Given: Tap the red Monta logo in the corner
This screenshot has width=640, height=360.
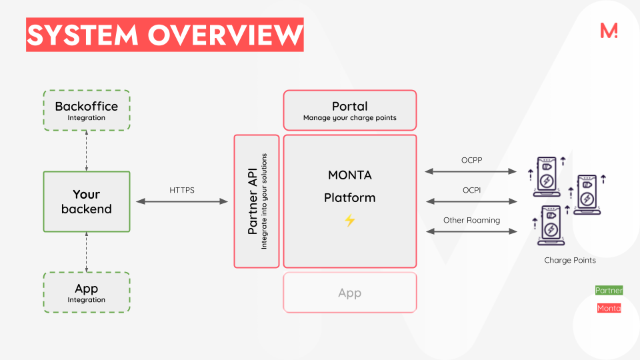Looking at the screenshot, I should pyautogui.click(x=609, y=31).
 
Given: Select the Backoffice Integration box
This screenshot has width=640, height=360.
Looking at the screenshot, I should pyautogui.click(x=86, y=111).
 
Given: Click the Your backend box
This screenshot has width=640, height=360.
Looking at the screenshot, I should pyautogui.click(x=86, y=201).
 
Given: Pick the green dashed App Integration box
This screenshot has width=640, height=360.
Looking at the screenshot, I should pyautogui.click(x=86, y=292).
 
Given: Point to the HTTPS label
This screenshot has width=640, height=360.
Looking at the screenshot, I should pyautogui.click(x=182, y=190).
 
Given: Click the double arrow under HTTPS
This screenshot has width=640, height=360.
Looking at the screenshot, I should pyautogui.click(x=182, y=201).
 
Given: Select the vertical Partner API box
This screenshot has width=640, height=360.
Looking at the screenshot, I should pyautogui.click(x=257, y=201).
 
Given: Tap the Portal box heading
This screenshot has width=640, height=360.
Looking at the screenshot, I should pyautogui.click(x=349, y=106).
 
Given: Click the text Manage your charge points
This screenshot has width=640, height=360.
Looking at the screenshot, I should pyautogui.click(x=349, y=118).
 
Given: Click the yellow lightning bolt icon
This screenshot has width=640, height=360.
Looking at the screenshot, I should pyautogui.click(x=350, y=220).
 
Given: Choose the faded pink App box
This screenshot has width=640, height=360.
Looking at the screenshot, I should pyautogui.click(x=349, y=292).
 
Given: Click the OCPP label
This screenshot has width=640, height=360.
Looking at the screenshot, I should pyautogui.click(x=471, y=160).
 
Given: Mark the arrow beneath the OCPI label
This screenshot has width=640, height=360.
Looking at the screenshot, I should pyautogui.click(x=471, y=201).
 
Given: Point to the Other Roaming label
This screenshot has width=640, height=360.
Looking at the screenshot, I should pyautogui.click(x=471, y=220).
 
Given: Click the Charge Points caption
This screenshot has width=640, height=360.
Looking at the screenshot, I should pyautogui.click(x=570, y=260).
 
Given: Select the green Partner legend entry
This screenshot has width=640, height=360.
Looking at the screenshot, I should pyautogui.click(x=609, y=291).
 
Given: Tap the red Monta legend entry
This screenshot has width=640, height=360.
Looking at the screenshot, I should pyautogui.click(x=609, y=308).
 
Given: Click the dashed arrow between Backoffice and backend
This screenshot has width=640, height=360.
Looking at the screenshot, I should pyautogui.click(x=86, y=151).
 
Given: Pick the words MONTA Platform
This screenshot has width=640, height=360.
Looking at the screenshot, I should pyautogui.click(x=349, y=187).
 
